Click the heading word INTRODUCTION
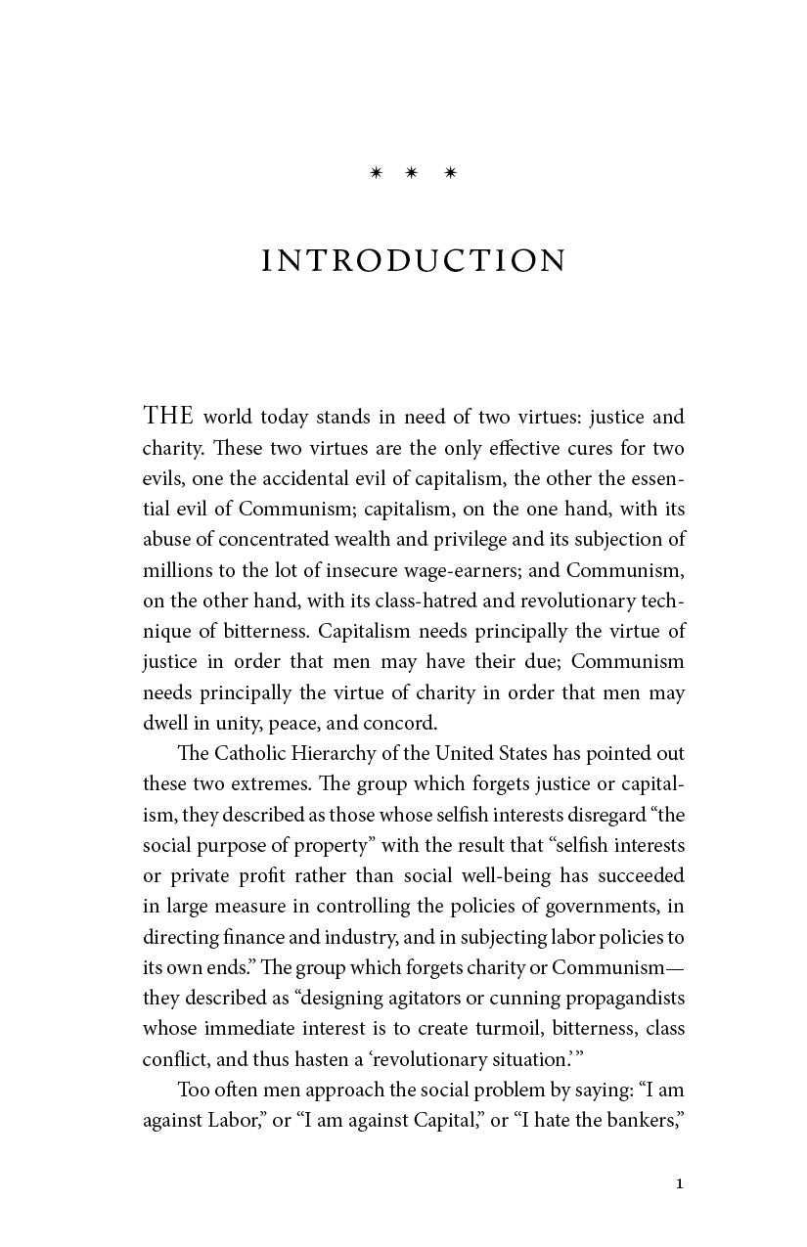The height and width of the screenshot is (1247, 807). [x=414, y=261]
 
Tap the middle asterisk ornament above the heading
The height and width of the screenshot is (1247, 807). [x=412, y=173]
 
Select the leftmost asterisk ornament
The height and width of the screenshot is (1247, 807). [x=376, y=173]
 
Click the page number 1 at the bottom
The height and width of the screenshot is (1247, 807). [x=680, y=1184]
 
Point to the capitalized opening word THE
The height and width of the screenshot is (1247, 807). [x=169, y=417]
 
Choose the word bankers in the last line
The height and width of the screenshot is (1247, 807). [x=643, y=1121]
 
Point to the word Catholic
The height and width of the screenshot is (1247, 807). [x=247, y=754]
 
